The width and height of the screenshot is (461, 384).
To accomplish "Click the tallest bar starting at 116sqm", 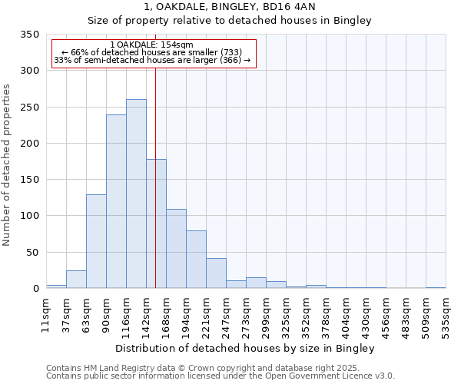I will tap(136, 194).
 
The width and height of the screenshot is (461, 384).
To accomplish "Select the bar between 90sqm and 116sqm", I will tap(116, 201).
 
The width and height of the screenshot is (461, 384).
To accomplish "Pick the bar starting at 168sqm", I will tap(176, 248).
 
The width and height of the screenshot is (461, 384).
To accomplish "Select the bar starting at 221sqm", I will tap(216, 273).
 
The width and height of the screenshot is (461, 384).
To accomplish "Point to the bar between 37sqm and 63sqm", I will tap(76, 280).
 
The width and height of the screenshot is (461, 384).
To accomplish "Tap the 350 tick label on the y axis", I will tap(29, 35).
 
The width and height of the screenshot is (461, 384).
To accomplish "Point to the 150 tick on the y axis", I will tap(29, 180).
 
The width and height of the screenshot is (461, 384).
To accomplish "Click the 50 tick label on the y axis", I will tap(32, 252).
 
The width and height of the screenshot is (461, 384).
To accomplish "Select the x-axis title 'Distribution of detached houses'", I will tap(246, 349).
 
